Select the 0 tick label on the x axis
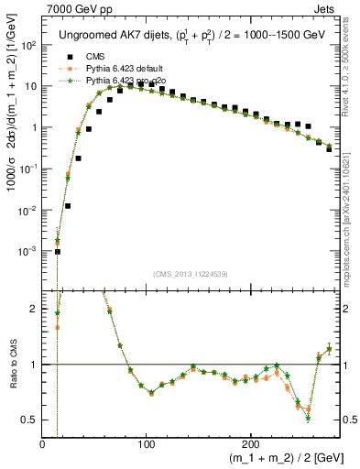point(43,445)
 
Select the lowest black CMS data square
point(57,251)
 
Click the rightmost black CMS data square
point(329,148)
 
